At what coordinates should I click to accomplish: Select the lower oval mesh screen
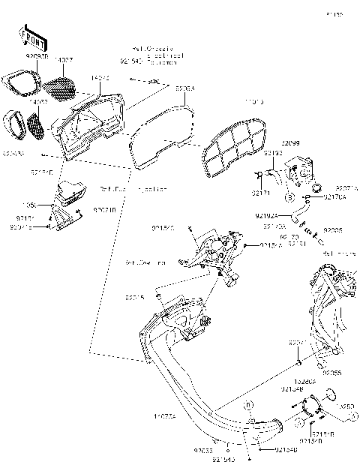pos(37,122)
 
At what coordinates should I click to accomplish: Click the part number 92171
pos(259,193)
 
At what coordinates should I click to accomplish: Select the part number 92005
pos(333,231)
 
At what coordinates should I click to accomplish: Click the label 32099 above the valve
pos(291,142)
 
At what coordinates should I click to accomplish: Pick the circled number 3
pos(287,197)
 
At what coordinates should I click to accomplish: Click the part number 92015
pos(135,297)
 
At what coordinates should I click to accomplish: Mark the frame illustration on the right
pos(327,307)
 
